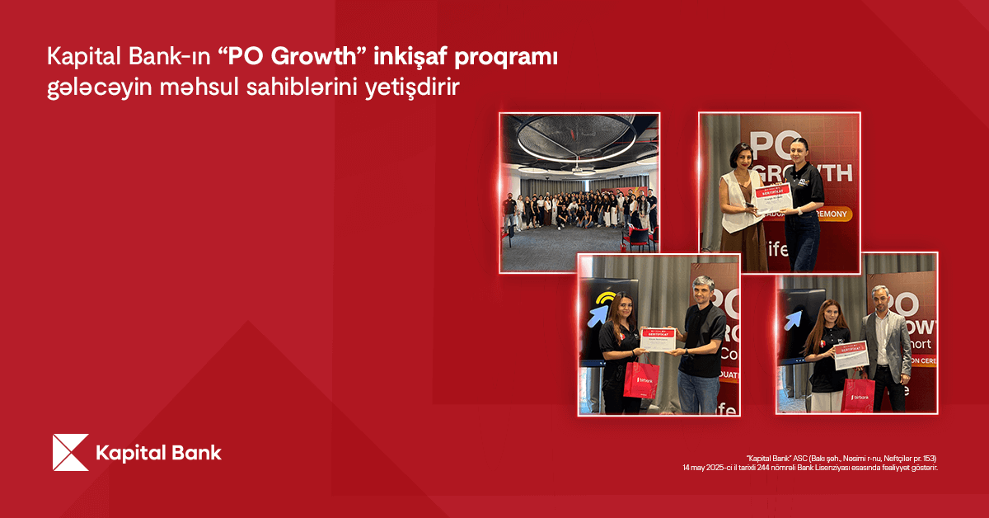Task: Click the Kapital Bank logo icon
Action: coord(70,452)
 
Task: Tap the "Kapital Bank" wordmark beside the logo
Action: coord(158,453)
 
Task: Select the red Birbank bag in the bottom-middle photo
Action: coord(641,380)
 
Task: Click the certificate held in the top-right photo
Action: coord(772,196)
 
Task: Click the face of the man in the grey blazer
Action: coord(880,299)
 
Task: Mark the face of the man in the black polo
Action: coord(702,292)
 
